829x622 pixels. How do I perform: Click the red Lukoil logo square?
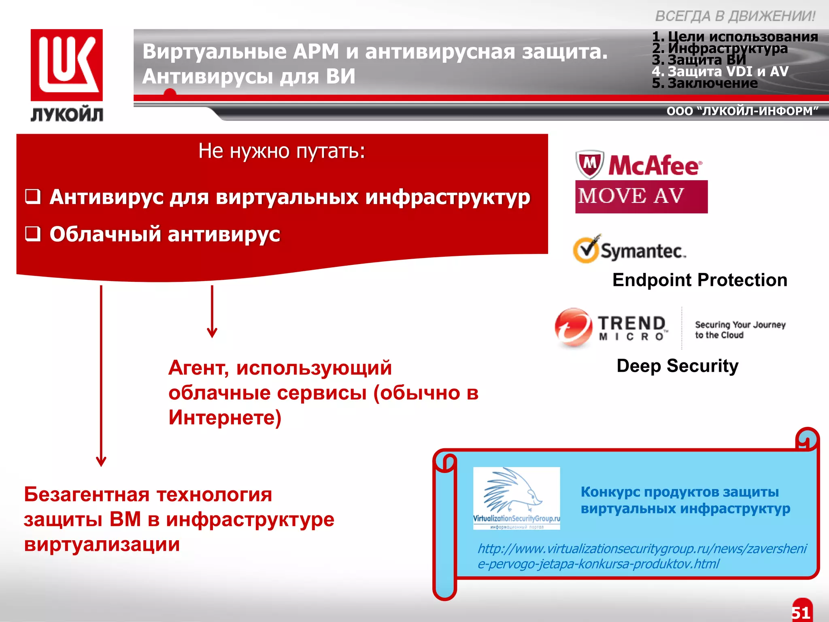[67, 65]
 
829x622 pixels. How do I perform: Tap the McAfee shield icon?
[589, 164]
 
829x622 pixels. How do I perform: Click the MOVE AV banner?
[641, 197]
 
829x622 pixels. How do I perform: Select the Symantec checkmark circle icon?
[586, 250]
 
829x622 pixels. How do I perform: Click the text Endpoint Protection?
[699, 280]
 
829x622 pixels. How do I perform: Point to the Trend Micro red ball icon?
[573, 327]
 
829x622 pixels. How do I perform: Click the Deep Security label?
[677, 366]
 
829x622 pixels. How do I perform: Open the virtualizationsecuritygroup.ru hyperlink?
[642, 556]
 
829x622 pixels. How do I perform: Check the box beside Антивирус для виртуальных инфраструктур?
[33, 197]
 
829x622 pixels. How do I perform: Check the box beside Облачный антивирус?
[33, 234]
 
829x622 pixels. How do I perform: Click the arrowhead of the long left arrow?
[101, 462]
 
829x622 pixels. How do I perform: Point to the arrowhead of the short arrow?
[212, 333]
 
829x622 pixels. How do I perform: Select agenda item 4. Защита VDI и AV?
[720, 72]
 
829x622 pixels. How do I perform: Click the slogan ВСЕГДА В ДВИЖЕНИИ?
[735, 17]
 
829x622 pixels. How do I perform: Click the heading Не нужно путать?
[282, 151]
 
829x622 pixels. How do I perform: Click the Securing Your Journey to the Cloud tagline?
[740, 330]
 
